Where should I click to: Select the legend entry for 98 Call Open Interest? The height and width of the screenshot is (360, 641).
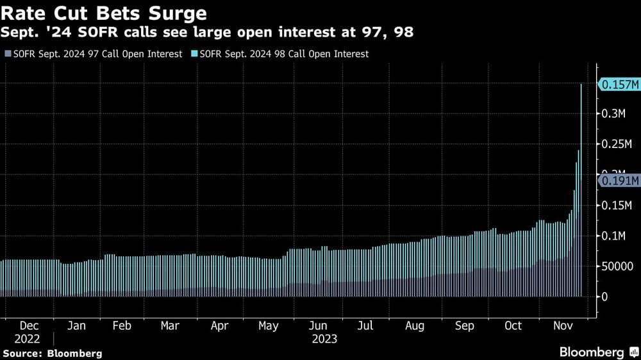283,54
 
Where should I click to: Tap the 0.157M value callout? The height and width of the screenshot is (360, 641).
619,85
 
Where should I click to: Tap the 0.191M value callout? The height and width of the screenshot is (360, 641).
619,181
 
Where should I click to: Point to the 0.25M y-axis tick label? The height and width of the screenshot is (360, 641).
617,145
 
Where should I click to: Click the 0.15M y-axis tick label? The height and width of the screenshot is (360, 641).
617,206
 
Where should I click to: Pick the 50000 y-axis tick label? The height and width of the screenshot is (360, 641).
618,266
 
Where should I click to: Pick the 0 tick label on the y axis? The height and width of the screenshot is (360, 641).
604,297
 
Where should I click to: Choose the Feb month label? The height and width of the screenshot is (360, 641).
122,326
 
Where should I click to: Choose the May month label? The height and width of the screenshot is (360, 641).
269,326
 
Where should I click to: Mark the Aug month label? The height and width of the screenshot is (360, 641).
415,326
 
